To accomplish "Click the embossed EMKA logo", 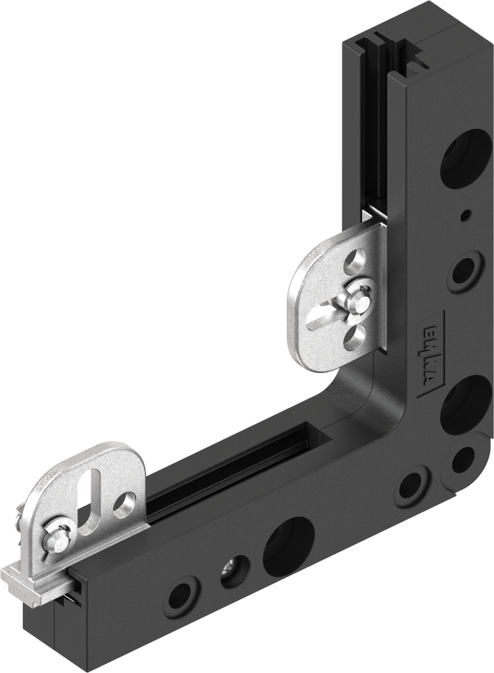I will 432,354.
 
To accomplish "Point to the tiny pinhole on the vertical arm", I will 466,215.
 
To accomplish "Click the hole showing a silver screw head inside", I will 235,570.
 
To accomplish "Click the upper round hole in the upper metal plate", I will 355,258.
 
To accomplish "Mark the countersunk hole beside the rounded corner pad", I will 412,486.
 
